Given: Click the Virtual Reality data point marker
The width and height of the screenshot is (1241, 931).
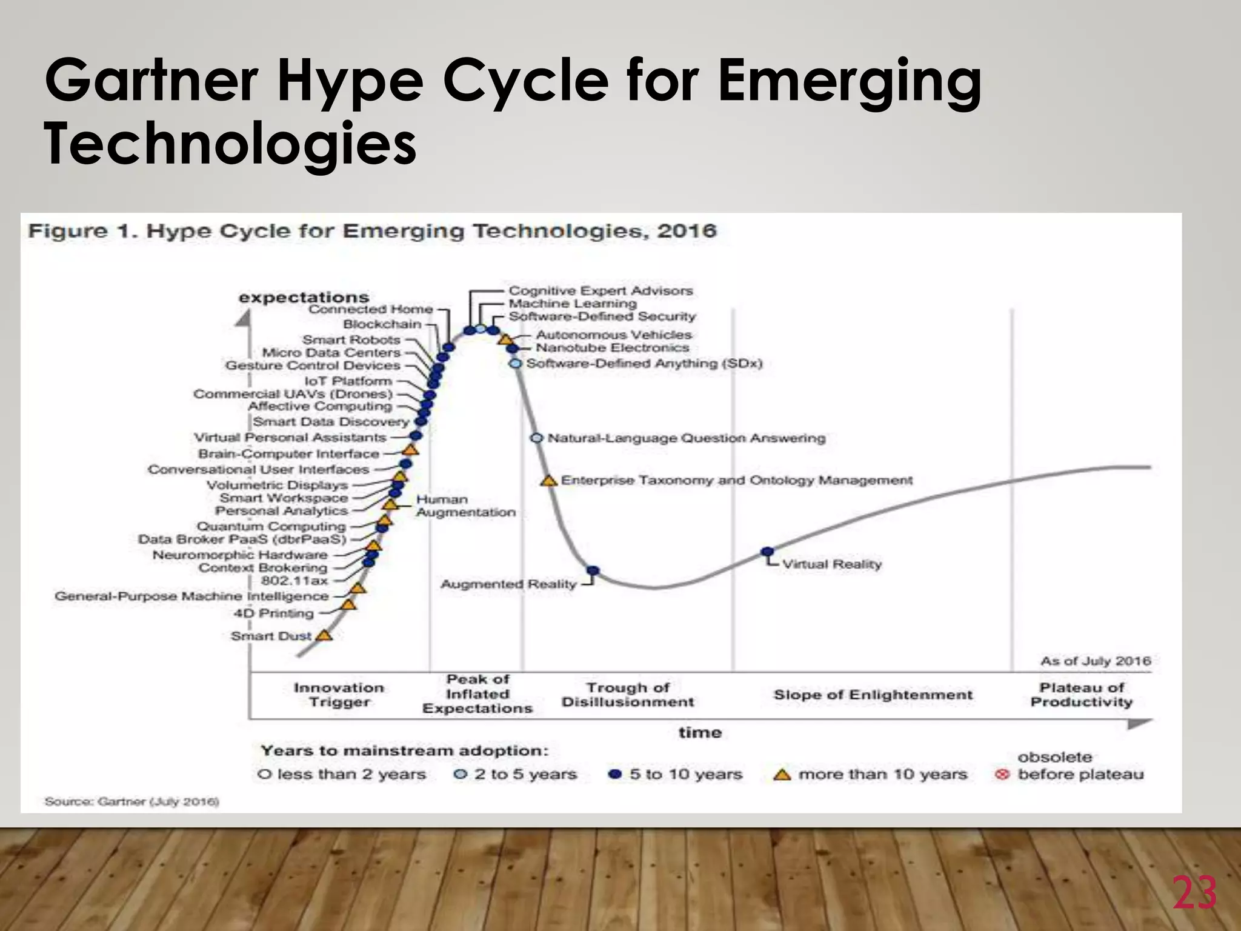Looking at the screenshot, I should point(767,552).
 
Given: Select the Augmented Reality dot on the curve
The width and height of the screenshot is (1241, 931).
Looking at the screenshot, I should point(593,571).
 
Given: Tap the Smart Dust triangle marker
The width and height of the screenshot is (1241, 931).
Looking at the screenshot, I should point(325,635).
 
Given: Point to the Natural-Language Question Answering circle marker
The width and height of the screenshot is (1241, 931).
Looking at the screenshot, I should point(536,438).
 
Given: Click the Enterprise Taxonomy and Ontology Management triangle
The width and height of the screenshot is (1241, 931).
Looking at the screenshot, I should point(549,481).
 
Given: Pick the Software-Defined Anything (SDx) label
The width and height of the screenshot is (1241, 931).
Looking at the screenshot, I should point(644,363).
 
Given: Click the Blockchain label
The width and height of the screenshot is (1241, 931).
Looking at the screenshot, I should point(382,324).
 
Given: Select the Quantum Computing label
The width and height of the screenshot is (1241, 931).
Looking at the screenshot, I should point(271,526).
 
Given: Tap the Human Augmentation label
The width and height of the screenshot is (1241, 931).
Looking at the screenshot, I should point(465,506).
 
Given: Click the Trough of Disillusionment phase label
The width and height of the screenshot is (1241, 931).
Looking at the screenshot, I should point(628,695).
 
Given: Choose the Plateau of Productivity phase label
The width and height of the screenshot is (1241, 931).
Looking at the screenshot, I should point(1082,695).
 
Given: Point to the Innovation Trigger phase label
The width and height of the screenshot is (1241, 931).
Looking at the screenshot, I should point(339,695).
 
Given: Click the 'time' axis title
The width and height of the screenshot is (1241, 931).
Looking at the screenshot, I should point(700,732).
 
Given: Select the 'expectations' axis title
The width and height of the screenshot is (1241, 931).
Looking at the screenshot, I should point(304,297).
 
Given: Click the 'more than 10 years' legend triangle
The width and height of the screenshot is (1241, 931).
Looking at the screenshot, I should point(782,775).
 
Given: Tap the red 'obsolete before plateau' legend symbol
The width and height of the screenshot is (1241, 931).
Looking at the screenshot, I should point(1002,775).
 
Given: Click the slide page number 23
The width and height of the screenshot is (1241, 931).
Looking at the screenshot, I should point(1194,893).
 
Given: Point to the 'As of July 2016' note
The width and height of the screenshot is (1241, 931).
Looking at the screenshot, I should point(1096,661).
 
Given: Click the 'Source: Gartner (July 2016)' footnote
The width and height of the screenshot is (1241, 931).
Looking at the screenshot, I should point(131,801).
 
